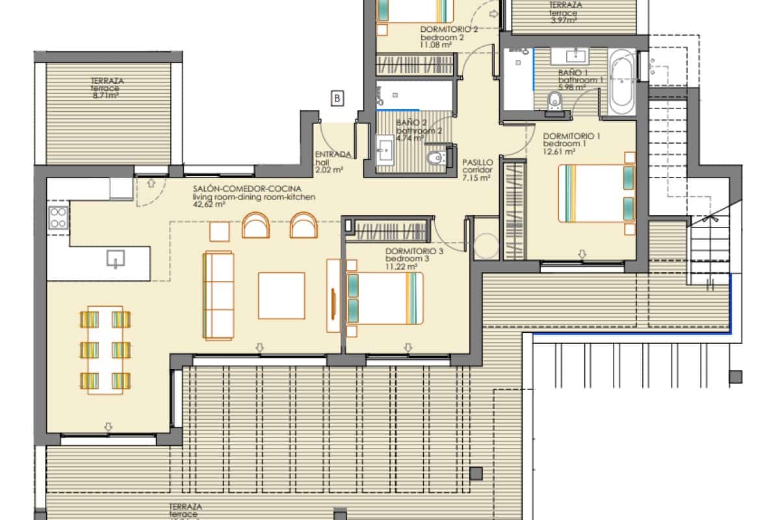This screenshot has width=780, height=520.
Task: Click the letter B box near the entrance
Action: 337,99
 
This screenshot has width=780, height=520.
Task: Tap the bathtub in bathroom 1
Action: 622,83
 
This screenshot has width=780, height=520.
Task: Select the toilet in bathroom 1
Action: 554,101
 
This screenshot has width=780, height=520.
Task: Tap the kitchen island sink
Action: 114,260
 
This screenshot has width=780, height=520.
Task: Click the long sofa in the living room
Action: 218,296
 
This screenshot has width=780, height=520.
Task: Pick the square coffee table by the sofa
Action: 281,296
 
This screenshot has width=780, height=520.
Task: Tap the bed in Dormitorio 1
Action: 597,193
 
